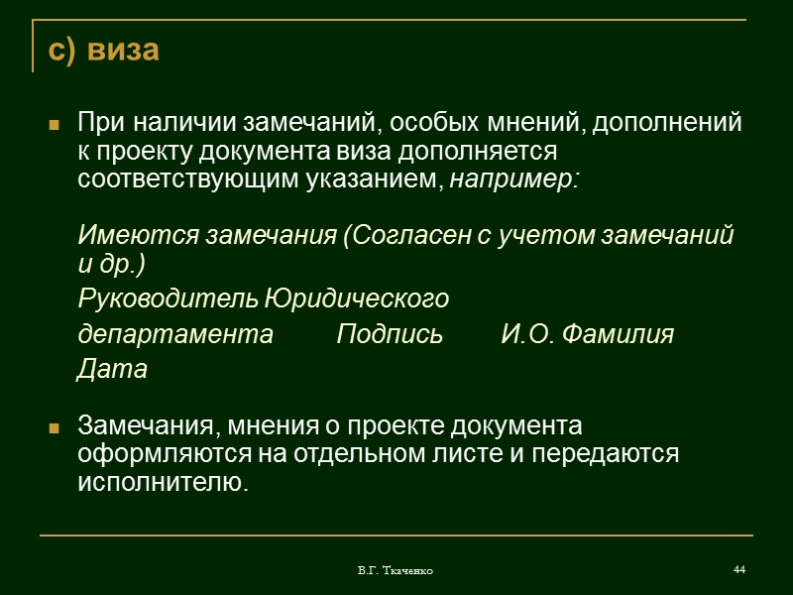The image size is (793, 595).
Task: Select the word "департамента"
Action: coord(174,335)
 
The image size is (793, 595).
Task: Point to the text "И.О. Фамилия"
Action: coord(587,335)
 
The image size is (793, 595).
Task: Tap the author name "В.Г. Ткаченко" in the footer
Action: coord(396,571)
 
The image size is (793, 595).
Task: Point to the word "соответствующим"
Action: coord(189,180)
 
